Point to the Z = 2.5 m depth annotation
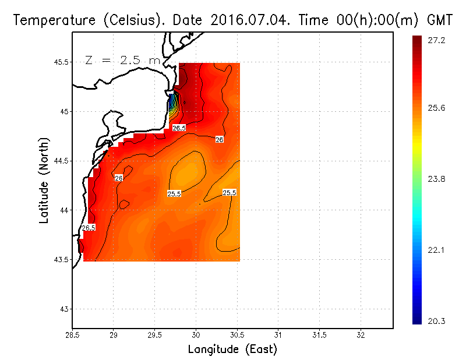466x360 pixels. [122, 60]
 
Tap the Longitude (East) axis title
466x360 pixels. [232, 350]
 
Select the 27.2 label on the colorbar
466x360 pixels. [437, 40]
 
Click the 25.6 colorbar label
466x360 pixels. [437, 108]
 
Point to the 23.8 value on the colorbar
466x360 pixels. [437, 179]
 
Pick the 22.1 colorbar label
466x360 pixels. [437, 250]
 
